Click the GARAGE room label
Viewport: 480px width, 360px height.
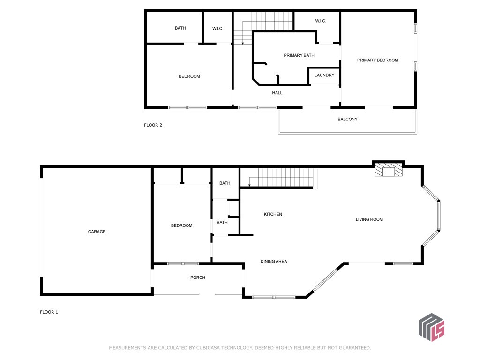coord(97,232)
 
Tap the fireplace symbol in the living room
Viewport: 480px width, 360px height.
coord(388,170)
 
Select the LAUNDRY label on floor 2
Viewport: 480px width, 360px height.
coord(324,75)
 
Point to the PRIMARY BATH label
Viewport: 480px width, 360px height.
coord(299,55)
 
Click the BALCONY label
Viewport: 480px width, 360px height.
coord(347,119)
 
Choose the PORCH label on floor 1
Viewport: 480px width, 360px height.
coord(198,277)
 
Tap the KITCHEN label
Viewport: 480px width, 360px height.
coord(273,214)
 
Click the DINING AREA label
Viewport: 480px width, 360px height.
coord(274,261)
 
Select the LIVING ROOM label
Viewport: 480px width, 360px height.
coord(369,219)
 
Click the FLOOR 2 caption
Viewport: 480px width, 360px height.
coord(153,125)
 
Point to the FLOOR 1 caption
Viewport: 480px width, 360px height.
coord(49,312)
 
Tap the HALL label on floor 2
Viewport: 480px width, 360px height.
coord(277,93)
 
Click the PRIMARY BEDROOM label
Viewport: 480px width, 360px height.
coord(377,60)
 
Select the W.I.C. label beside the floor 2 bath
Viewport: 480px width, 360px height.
coord(217,29)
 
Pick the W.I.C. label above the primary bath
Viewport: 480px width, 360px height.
coord(321,21)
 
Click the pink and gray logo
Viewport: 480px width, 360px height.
coord(431,327)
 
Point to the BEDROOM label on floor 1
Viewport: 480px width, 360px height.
coord(181,225)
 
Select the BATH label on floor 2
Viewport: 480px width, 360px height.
coord(180,28)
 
